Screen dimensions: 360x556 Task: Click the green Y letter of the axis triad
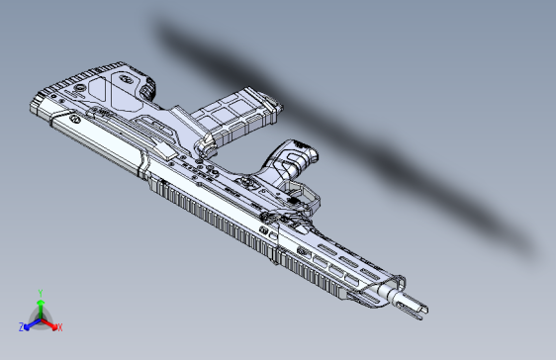(40, 293)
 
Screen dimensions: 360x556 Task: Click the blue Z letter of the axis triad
(21, 326)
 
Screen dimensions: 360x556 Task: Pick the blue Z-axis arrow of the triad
(30, 323)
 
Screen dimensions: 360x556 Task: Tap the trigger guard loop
(302, 197)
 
